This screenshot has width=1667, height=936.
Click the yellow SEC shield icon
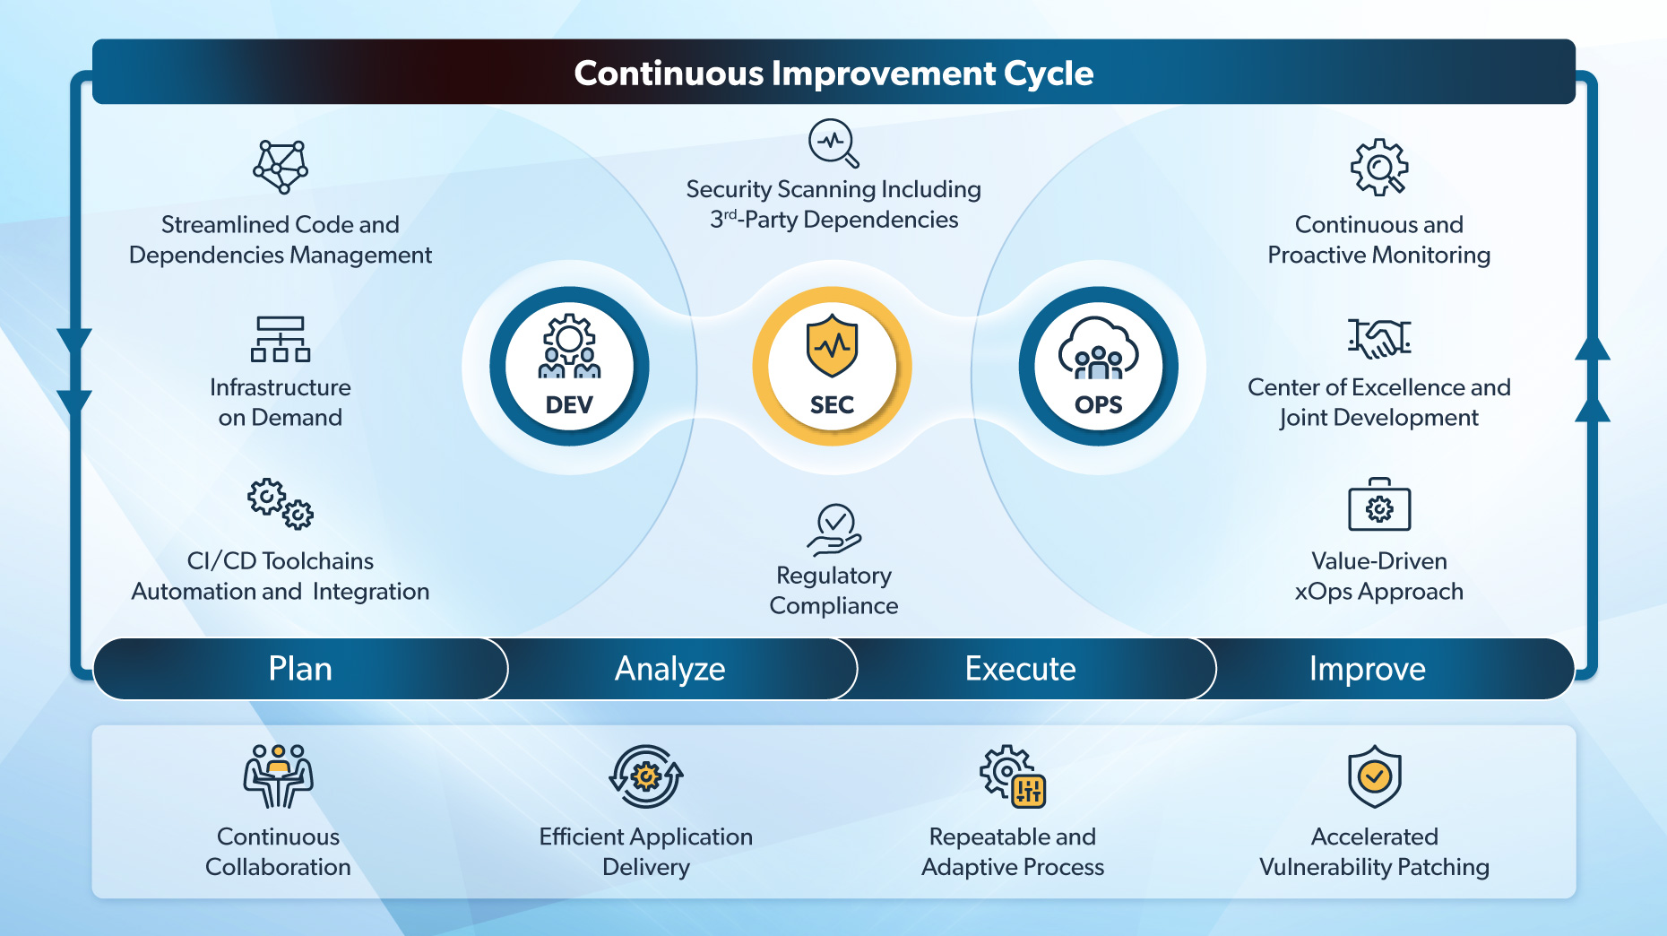click(832, 346)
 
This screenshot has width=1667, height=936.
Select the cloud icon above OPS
click(1099, 348)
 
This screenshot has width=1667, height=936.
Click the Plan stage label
click(300, 669)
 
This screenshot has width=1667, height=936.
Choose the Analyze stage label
click(669, 669)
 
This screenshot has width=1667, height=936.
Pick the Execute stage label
click(1020, 669)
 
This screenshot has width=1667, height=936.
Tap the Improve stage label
click(1367, 669)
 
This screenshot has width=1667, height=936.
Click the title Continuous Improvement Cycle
click(833, 73)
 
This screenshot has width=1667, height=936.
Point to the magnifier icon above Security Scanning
click(833, 143)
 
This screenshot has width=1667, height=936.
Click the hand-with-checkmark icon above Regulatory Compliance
click(834, 530)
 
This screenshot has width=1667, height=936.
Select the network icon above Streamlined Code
click(281, 167)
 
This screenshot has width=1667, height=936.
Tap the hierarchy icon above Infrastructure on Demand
click(281, 339)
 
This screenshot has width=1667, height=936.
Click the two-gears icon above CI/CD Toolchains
click(281, 504)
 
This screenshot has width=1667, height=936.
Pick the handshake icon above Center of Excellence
click(1379, 338)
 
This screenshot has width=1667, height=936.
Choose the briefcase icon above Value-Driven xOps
click(1379, 505)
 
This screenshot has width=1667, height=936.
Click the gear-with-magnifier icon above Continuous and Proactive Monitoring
click(1379, 167)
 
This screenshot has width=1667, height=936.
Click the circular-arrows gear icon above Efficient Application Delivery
click(646, 776)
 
